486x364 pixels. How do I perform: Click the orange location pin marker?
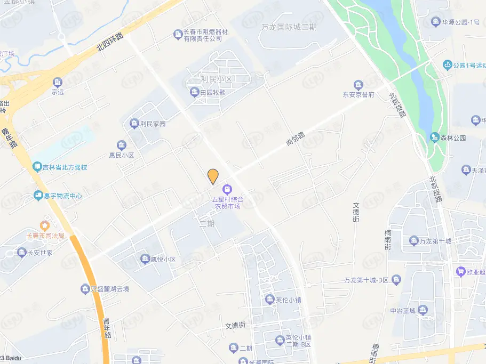(x=213, y=176)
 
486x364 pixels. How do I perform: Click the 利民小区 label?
(x=216, y=79)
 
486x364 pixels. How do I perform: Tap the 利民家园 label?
(x=153, y=124)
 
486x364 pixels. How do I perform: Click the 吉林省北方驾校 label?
(x=65, y=167)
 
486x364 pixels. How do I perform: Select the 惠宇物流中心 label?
(x=62, y=196)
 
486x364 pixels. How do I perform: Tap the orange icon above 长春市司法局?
(x=45, y=225)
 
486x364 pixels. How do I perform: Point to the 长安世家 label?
(x=40, y=253)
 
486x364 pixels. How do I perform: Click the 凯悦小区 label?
(x=162, y=260)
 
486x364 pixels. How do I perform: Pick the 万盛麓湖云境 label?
(x=109, y=289)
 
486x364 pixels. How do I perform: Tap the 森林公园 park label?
(x=453, y=137)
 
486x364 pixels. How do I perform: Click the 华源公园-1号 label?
(x=460, y=22)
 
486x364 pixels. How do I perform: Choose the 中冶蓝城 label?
(x=403, y=311)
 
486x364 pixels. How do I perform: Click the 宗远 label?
(x=57, y=91)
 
